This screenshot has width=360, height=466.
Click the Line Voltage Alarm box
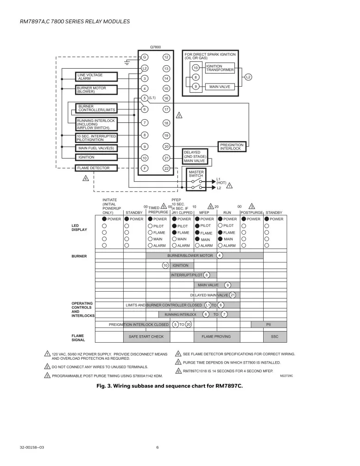[x=96, y=77]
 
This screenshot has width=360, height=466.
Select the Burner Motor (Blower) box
[x=96, y=89]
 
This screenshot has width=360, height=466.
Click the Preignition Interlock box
[x=232, y=147]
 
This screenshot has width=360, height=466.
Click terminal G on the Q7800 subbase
[x=145, y=57]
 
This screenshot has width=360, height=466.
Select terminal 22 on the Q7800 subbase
[x=166, y=168]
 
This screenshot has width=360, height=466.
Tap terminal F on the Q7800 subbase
[x=145, y=168]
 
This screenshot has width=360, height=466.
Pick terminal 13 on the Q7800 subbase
[x=166, y=69]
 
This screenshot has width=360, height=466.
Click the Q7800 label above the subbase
[x=155, y=47]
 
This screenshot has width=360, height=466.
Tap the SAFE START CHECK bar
[x=146, y=336]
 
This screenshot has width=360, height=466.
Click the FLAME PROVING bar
[x=216, y=336]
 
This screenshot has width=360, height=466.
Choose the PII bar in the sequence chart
[x=269, y=325]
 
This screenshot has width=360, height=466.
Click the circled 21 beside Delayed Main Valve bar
[x=233, y=295]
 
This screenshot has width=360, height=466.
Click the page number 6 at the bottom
[x=158, y=447]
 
